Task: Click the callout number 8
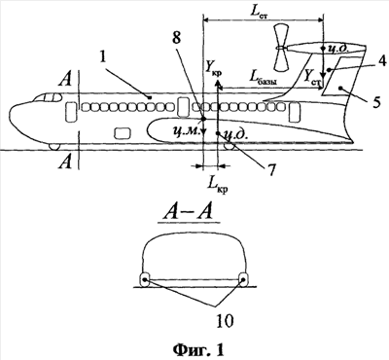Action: click(176, 39)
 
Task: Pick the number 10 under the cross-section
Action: click(225, 321)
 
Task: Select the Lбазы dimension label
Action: click(263, 79)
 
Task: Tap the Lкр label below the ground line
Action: click(217, 186)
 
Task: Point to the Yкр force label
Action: click(213, 69)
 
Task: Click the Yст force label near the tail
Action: click(311, 78)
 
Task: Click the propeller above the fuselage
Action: click(279, 48)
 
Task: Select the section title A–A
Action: click(188, 214)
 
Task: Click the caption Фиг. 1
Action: click(198, 349)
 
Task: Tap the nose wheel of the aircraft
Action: click(54, 147)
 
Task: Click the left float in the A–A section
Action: click(144, 279)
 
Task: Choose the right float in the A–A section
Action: click(243, 279)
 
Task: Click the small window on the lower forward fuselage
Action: click(123, 133)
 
